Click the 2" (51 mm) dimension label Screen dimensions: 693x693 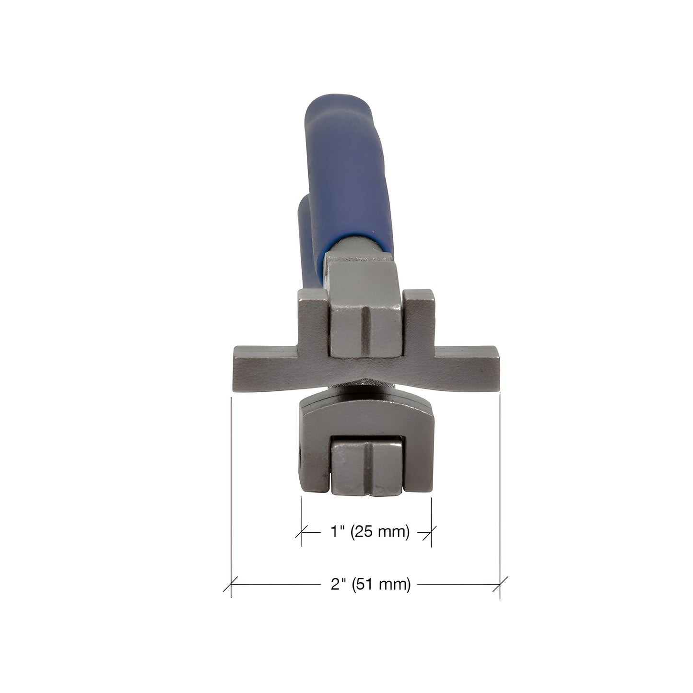[371, 585]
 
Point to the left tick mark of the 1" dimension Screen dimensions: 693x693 [302, 532]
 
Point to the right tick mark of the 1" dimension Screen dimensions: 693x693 [431, 532]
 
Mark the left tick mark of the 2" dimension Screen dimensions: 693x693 [231, 585]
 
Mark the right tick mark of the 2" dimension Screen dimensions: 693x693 [500, 585]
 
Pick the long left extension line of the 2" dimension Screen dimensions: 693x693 [231, 480]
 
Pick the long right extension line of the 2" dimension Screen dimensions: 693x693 [500, 480]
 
